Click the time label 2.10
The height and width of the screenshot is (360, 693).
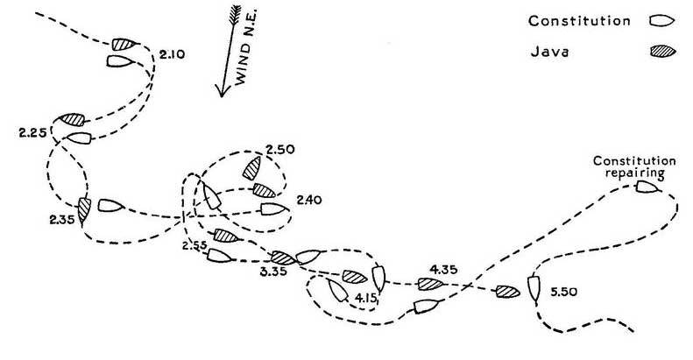[x=172, y=55]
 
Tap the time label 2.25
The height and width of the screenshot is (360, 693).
[x=32, y=132]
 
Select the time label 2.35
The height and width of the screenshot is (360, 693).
[x=62, y=219]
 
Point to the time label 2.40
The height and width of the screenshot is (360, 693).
[x=309, y=200]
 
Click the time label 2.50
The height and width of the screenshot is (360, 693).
[x=280, y=149]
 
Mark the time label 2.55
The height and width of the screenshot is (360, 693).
[x=194, y=245]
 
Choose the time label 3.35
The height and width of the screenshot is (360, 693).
[x=273, y=272]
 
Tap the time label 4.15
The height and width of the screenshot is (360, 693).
[x=366, y=298]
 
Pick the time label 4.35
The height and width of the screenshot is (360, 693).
[x=443, y=270]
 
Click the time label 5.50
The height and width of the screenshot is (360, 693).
[x=563, y=292]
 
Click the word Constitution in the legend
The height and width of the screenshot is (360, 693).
[x=579, y=21]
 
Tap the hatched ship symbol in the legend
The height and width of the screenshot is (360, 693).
[x=662, y=52]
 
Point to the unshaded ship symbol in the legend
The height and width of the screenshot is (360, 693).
[x=661, y=21]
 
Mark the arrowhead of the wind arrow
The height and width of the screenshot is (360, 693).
[x=222, y=91]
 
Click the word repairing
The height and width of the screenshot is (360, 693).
[x=634, y=173]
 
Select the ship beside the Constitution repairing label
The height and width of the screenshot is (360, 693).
[x=648, y=187]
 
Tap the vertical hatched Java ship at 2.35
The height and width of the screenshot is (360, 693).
[x=83, y=210]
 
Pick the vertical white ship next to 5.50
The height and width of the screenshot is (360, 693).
[x=534, y=288]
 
